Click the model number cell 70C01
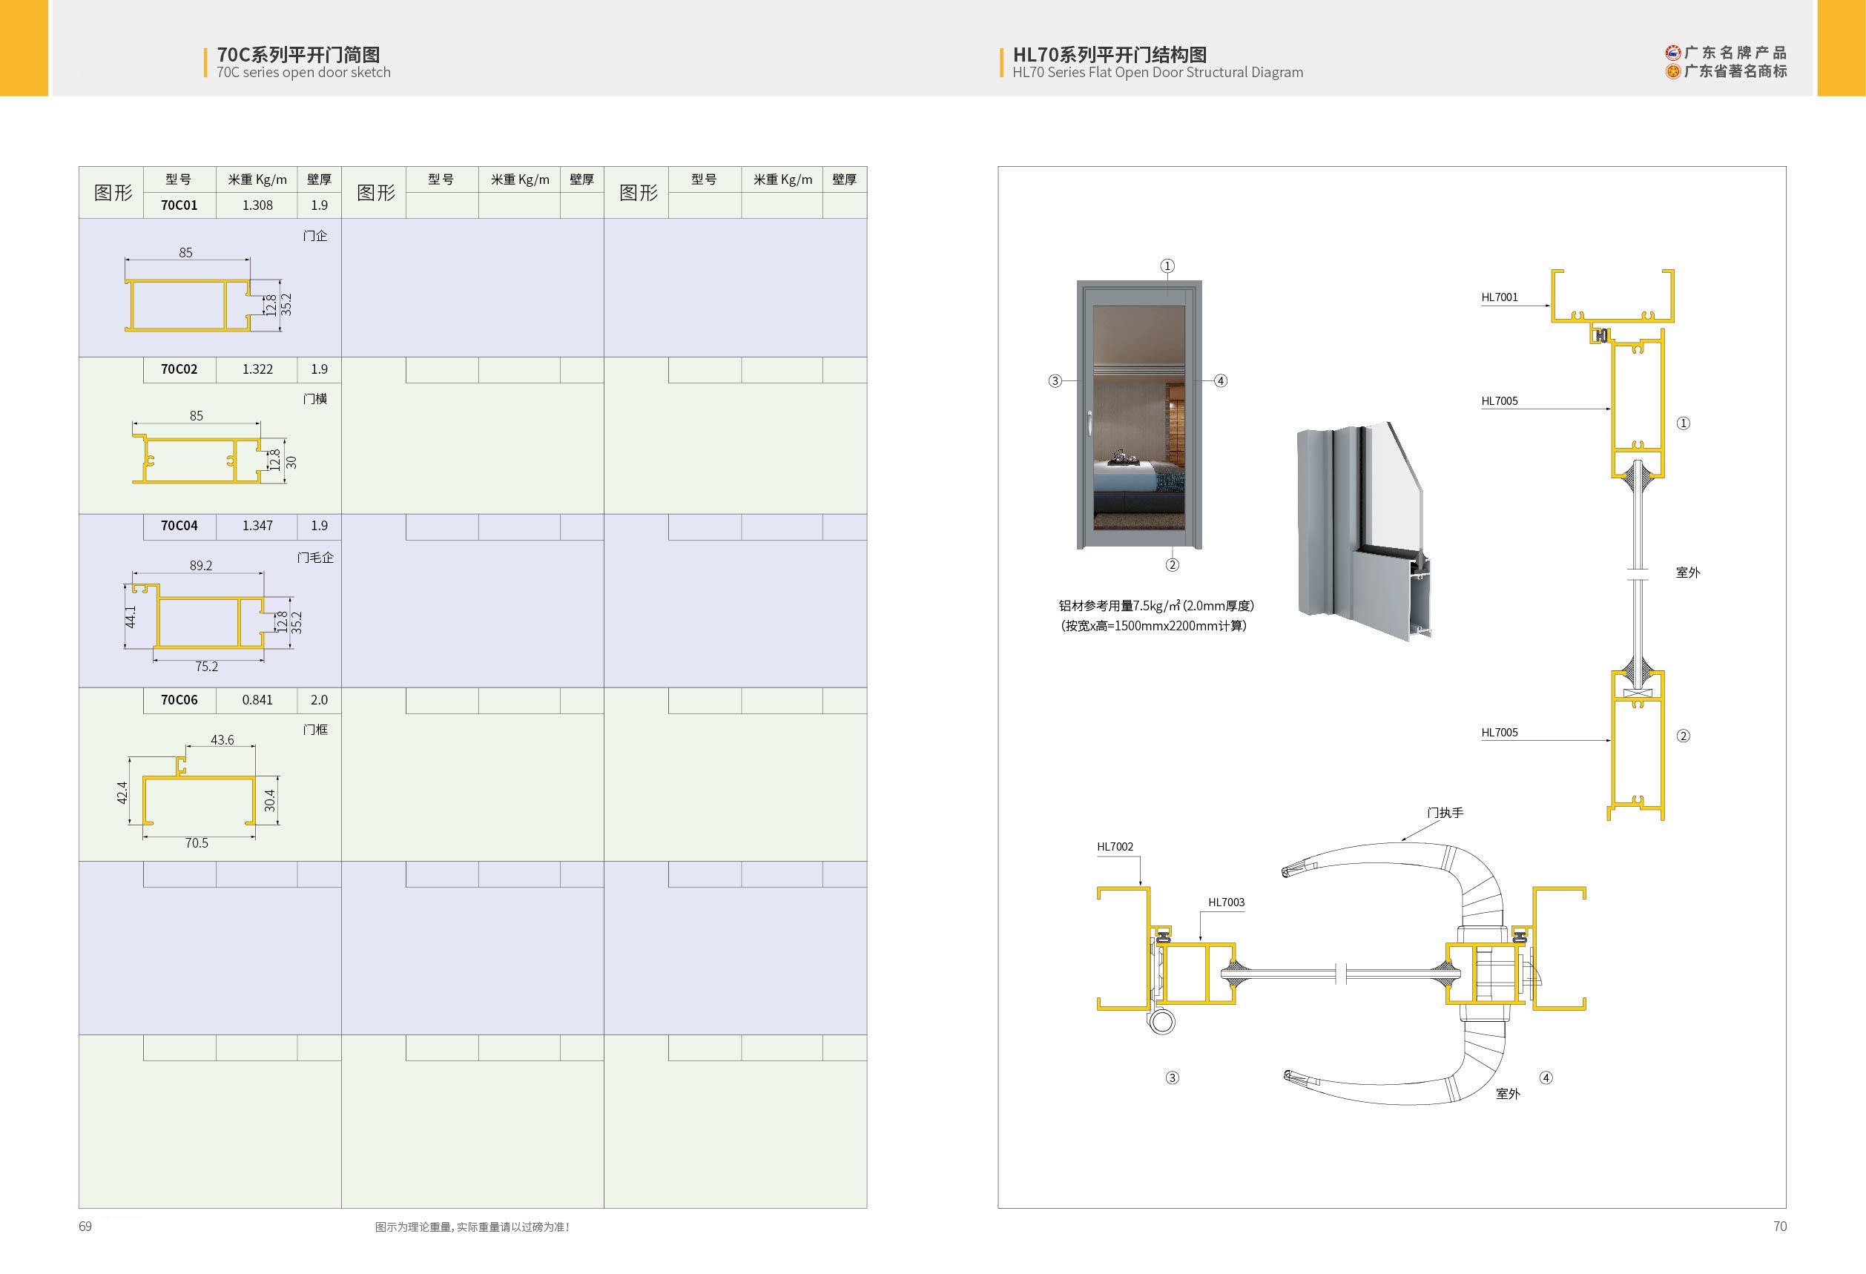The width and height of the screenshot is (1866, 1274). click(179, 205)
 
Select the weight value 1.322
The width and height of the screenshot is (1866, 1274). click(257, 369)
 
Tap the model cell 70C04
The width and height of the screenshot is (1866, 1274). click(179, 526)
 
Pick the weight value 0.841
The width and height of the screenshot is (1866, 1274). click(257, 700)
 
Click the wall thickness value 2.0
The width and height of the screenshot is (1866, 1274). click(319, 700)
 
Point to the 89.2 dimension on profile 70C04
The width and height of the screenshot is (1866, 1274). click(201, 566)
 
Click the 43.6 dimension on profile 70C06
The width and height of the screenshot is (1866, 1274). click(222, 740)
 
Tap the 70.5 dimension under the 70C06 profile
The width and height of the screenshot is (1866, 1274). click(197, 843)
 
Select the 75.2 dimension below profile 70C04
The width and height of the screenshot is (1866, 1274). click(206, 667)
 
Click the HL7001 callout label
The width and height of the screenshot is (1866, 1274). click(1500, 297)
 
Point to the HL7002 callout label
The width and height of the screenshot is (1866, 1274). click(1115, 847)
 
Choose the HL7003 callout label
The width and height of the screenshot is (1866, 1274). click(1226, 902)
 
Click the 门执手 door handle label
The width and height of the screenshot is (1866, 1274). click(1445, 813)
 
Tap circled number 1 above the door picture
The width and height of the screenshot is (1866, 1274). click(1167, 265)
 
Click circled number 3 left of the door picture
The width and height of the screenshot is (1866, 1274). click(1055, 380)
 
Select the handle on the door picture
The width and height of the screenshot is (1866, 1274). click(1089, 423)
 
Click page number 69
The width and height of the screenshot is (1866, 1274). click(85, 1227)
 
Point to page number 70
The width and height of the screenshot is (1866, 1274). click(1780, 1227)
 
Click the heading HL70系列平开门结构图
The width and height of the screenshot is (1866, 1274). click(1110, 55)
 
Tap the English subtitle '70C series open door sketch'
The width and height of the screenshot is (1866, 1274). click(303, 72)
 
